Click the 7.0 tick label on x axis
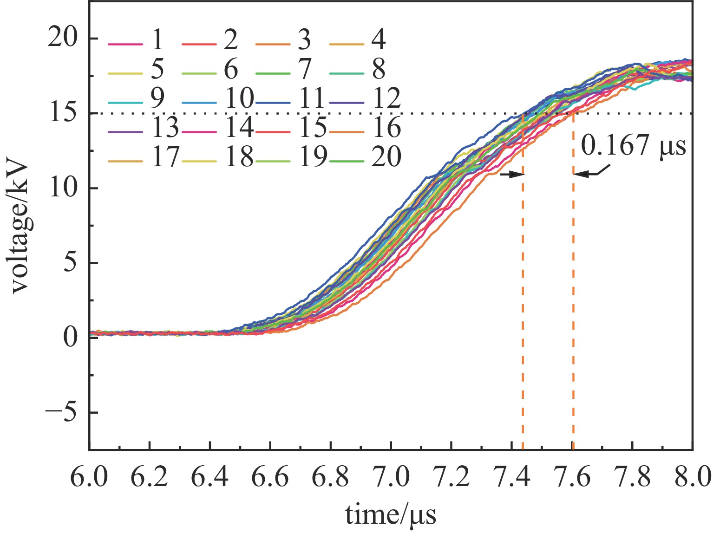(x=391, y=478)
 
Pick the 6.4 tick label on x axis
(x=210, y=478)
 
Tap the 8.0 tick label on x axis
(x=692, y=478)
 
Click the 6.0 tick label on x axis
(x=89, y=478)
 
